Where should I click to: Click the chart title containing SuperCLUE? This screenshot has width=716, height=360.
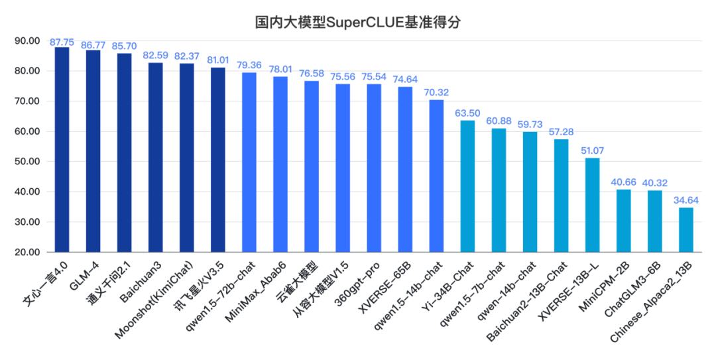(x=358, y=22)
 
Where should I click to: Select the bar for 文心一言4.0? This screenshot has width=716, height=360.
(x=62, y=149)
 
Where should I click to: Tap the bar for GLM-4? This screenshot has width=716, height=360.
(x=93, y=151)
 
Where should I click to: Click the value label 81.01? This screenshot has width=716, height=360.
(x=218, y=60)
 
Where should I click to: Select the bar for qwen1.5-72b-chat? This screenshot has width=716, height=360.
(x=249, y=162)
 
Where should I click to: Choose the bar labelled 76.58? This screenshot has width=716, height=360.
(x=312, y=166)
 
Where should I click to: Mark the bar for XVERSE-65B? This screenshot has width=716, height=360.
(x=405, y=169)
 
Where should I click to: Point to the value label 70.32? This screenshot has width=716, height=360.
(x=436, y=93)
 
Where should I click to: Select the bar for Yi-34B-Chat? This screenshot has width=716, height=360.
(x=467, y=186)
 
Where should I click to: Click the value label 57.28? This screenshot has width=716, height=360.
(x=561, y=132)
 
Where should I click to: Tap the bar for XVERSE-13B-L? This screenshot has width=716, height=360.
(x=592, y=205)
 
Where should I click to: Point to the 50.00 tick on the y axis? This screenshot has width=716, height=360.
(x=27, y=162)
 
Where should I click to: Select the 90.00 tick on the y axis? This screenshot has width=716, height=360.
(x=27, y=40)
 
